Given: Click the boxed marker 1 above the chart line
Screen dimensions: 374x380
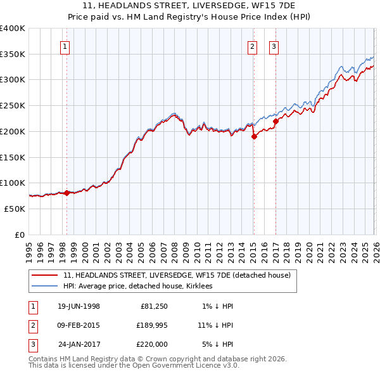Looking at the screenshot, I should point(66,46).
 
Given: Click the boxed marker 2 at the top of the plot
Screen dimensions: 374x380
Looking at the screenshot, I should point(252,46).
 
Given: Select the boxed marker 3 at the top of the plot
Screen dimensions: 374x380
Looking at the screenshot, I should point(274,46).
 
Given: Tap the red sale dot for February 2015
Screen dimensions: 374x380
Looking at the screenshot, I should point(254,136).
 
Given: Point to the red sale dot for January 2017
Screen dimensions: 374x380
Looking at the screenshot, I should point(275,121).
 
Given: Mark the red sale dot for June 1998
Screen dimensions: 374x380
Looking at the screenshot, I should point(67,193).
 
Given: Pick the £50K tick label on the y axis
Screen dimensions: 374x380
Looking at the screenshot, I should point(15,209).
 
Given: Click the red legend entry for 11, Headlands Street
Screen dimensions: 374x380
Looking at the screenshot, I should point(177,275).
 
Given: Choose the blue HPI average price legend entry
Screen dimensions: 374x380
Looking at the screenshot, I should point(137,287).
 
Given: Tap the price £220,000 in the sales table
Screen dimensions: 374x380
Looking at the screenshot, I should point(151,344).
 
